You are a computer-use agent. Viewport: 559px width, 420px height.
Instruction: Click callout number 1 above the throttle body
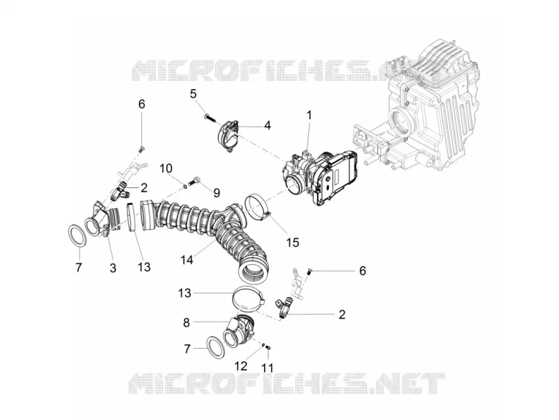309,115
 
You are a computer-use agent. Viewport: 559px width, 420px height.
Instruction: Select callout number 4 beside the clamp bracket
268,126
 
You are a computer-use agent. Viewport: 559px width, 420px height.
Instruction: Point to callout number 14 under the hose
187,260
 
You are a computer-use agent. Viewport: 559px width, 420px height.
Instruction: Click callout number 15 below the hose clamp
293,242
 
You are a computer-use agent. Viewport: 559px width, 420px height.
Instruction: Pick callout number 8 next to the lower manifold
187,323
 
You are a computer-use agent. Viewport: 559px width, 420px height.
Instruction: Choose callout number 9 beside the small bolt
217,194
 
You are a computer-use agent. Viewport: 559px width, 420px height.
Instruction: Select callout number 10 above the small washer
166,168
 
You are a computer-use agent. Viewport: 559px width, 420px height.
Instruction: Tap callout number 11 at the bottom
268,368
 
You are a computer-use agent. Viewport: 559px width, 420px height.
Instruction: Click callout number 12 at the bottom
241,365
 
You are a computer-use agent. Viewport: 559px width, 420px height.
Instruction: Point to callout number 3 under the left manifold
113,268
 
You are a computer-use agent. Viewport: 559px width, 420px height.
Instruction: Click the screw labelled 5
210,118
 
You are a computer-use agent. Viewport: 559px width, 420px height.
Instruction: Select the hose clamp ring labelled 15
257,206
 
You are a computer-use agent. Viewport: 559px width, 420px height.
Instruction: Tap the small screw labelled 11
269,347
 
